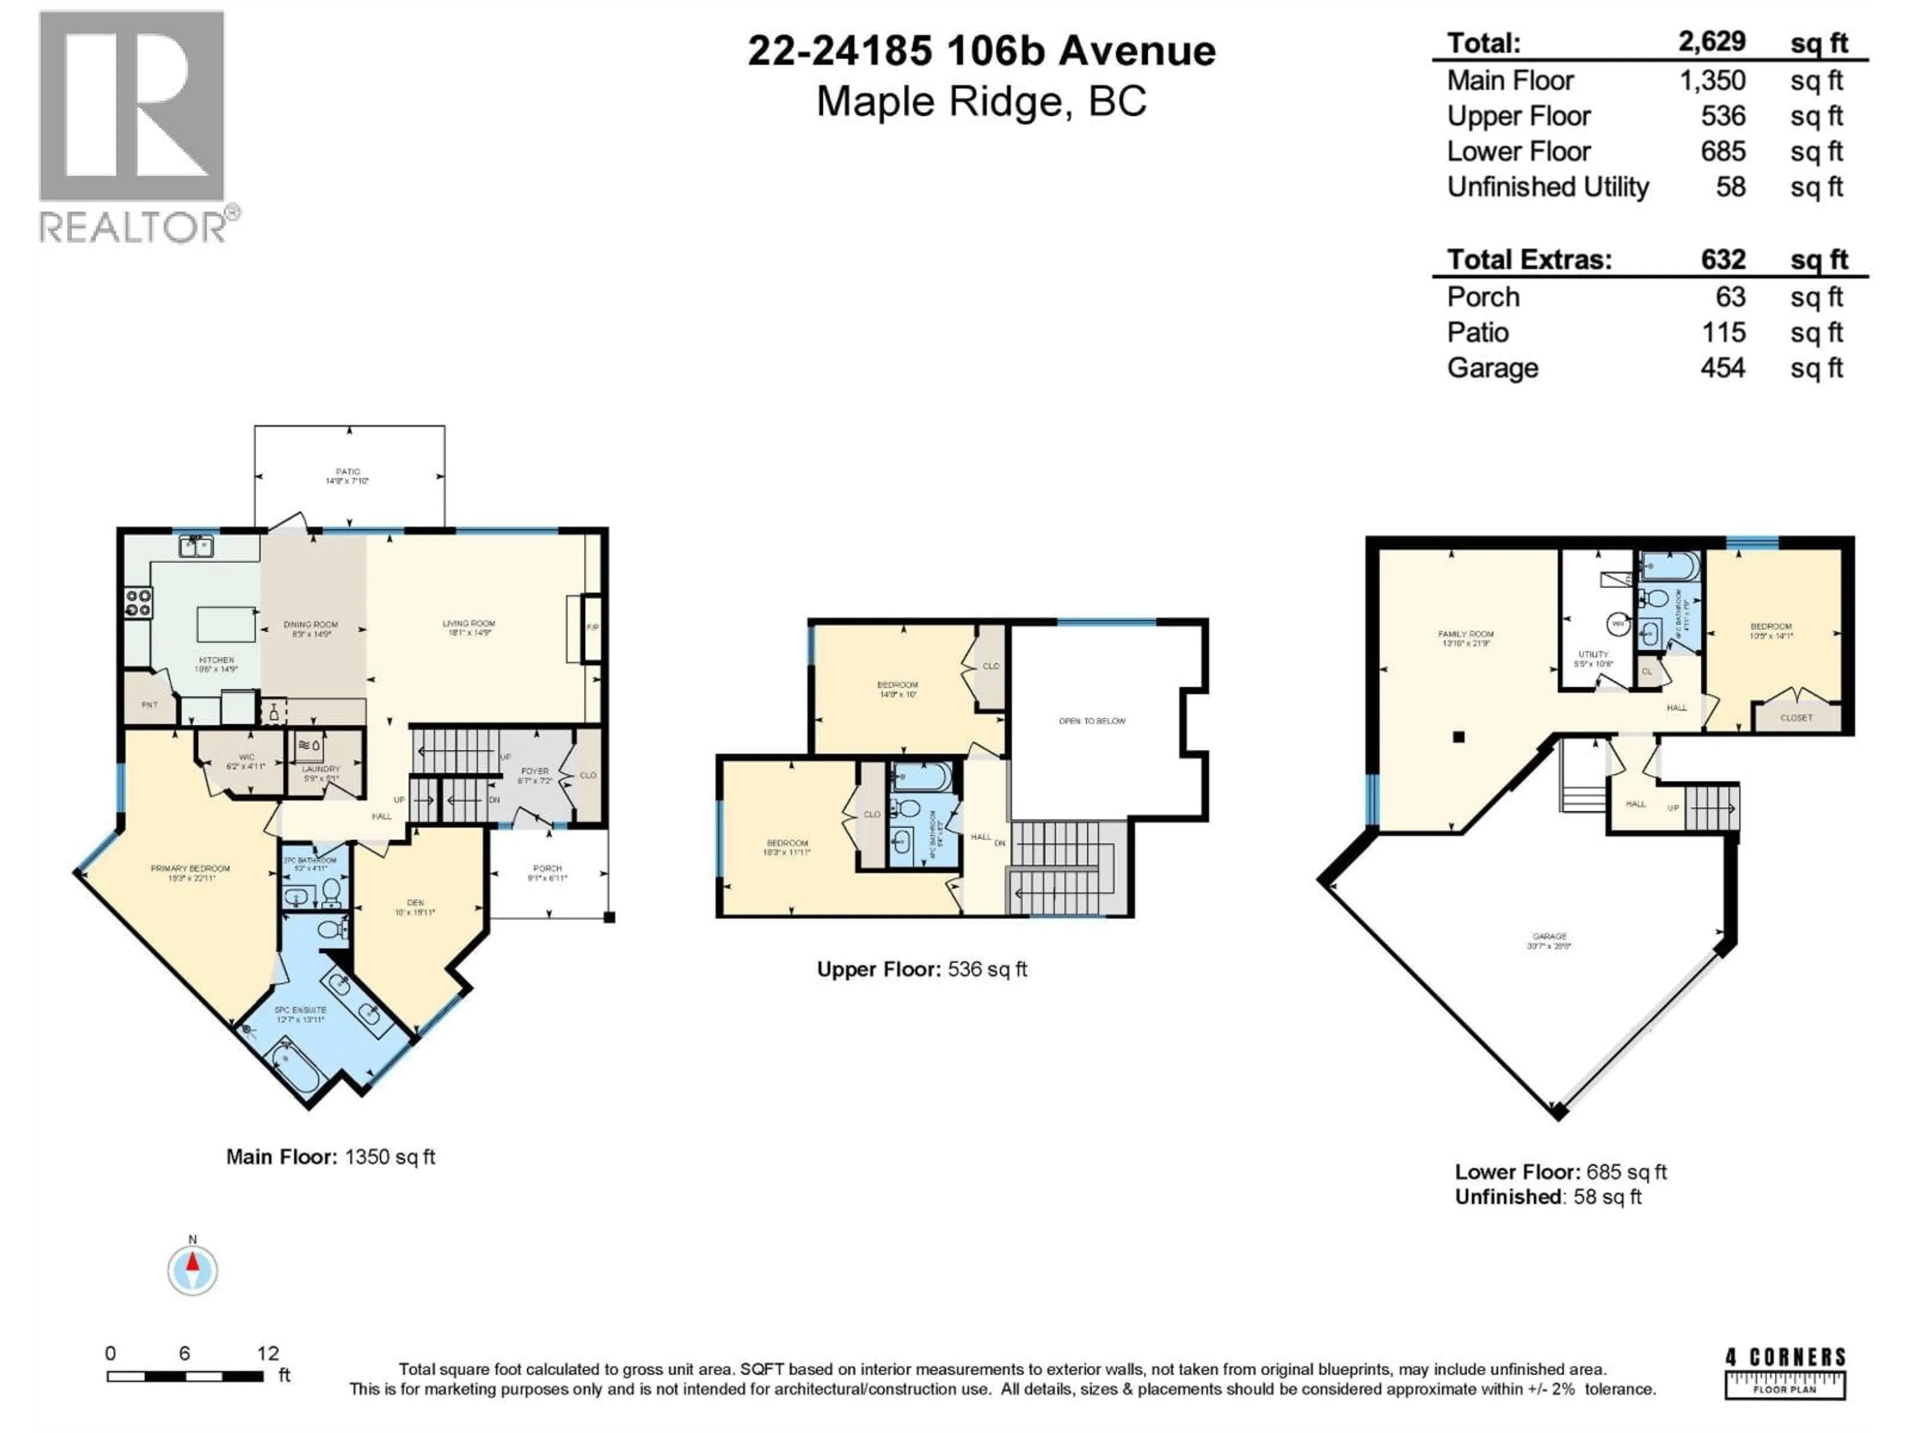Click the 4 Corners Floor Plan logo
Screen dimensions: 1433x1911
(1785, 1373)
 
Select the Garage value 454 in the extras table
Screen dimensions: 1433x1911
(1723, 368)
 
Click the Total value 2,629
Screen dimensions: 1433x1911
(1712, 41)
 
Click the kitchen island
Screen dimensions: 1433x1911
(226, 623)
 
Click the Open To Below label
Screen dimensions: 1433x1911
(1092, 720)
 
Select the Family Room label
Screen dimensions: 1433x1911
(1465, 634)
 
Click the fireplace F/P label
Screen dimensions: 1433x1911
(593, 627)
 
